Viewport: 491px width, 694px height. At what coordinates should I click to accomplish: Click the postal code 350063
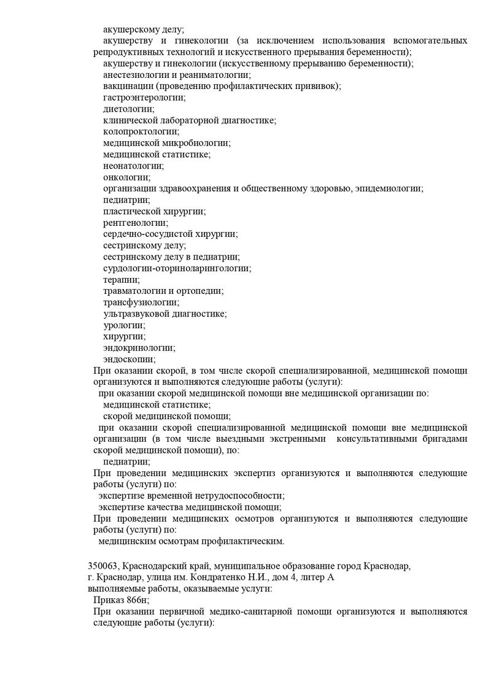pos(105,566)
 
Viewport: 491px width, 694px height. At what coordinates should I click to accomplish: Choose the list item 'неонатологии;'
pos(134,166)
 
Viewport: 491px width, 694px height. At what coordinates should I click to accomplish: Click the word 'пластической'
pos(130,211)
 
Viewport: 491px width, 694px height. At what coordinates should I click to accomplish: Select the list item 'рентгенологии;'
pos(136,223)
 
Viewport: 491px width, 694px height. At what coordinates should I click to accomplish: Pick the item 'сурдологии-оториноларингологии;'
pos(177,268)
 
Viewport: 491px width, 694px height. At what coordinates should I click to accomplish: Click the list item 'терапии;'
pos(122,280)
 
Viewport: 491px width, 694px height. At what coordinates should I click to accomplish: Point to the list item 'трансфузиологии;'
pos(141,303)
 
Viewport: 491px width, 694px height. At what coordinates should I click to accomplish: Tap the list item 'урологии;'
pos(124,325)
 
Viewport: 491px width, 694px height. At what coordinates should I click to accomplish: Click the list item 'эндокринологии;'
pos(139,348)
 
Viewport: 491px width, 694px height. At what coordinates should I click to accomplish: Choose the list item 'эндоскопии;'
pos(129,360)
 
